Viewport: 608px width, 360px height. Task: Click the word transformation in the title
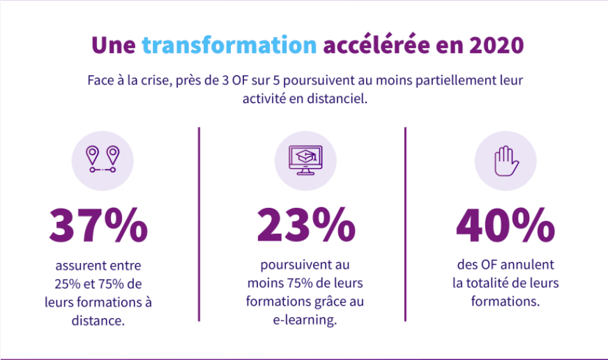(x=229, y=45)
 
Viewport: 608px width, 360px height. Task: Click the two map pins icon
(x=102, y=160)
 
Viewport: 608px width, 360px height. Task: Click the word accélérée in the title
(x=373, y=45)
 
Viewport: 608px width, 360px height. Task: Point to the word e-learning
(x=305, y=320)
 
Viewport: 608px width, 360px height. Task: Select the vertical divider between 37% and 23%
(x=199, y=223)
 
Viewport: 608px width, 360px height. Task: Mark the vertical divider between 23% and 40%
(x=405, y=223)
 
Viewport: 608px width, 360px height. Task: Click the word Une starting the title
(x=114, y=45)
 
